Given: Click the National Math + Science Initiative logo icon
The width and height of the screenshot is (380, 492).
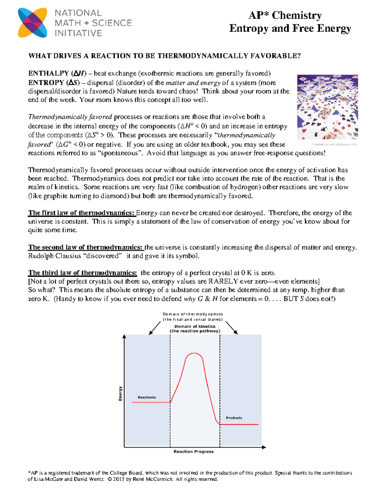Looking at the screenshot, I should pyautogui.click(x=33, y=23).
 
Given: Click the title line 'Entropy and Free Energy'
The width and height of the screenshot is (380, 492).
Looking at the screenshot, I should pyautogui.click(x=290, y=29).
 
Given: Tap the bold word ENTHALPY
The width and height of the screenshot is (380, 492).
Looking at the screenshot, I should pyautogui.click(x=48, y=73).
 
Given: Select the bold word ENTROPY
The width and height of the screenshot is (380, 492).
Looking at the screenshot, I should pyautogui.click(x=46, y=83).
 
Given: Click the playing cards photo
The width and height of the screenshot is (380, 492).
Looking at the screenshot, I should pyautogui.click(x=327, y=107).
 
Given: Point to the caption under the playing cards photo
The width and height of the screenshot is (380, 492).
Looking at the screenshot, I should pyautogui.click(x=334, y=144).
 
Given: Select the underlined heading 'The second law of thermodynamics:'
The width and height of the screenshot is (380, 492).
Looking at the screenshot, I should pyautogui.click(x=85, y=247).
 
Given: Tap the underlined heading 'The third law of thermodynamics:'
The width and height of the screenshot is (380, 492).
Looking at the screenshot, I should pyautogui.click(x=82, y=273).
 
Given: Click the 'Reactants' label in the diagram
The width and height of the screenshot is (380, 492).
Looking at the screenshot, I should pyautogui.click(x=147, y=397).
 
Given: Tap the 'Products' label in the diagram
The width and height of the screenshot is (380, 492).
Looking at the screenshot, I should pyautogui.click(x=234, y=418).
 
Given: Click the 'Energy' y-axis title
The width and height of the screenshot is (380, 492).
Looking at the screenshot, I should pyautogui.click(x=120, y=393).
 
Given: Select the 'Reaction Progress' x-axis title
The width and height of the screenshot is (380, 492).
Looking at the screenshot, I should pyautogui.click(x=193, y=451).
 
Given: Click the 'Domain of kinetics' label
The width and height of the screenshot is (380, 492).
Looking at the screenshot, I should pyautogui.click(x=195, y=326).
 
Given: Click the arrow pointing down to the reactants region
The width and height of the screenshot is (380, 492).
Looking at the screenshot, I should pyautogui.click(x=155, y=328).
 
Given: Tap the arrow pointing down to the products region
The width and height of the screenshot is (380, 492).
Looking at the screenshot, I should pyautogui.click(x=231, y=328).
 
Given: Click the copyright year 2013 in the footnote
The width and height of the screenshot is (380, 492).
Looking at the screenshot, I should pyautogui.click(x=119, y=479).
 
